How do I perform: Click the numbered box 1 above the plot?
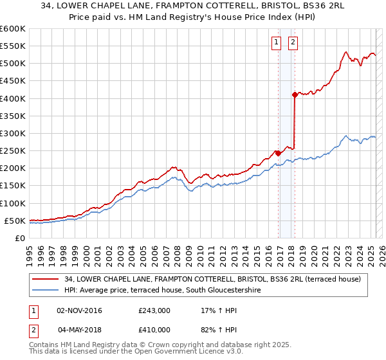pos(276,43)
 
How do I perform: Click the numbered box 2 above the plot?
pos(293,43)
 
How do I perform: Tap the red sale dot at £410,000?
pos(295,95)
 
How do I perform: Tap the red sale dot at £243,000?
pos(278,153)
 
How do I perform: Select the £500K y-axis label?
pos(13,64)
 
